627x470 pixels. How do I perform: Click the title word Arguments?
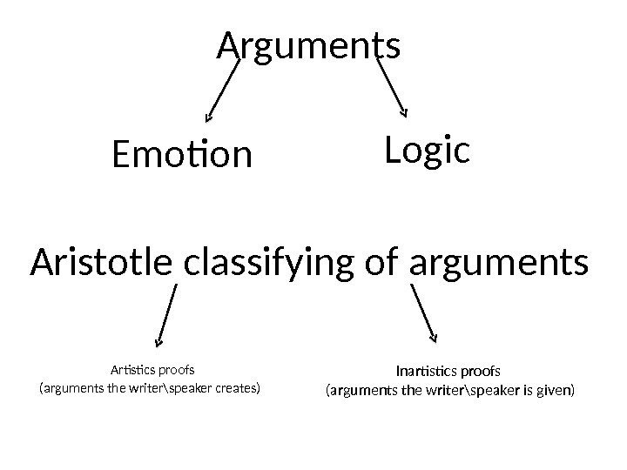click(308, 48)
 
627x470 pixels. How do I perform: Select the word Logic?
click(427, 151)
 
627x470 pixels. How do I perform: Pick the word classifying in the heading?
click(281, 262)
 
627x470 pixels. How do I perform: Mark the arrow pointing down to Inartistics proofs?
click(423, 312)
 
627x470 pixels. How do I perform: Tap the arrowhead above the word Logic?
click(403, 111)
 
